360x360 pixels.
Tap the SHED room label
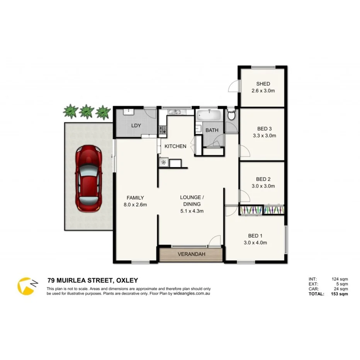[263, 84]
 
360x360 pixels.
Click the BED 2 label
[263, 179]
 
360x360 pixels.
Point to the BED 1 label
[255, 236]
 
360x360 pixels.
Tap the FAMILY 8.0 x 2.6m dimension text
[135, 205]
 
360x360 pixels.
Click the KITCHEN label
[175, 146]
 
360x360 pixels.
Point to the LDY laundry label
[136, 126]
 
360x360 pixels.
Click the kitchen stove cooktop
[163, 129]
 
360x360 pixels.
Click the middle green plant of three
[86, 111]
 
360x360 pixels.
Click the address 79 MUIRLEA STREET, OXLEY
[92, 280]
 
